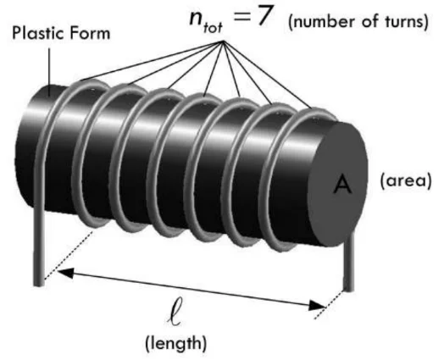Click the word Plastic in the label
click(37, 33)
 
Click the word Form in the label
click(90, 33)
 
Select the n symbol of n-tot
click(197, 19)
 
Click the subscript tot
click(213, 28)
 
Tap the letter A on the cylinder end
click(342, 185)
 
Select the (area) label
click(406, 180)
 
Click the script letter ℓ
click(174, 316)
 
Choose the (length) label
click(175, 343)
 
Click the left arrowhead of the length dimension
click(65, 272)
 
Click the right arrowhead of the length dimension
click(317, 305)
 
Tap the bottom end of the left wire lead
click(39, 284)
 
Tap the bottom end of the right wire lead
click(348, 289)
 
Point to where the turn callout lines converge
click(224, 42)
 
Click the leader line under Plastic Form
click(50, 72)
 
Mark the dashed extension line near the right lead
click(329, 305)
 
